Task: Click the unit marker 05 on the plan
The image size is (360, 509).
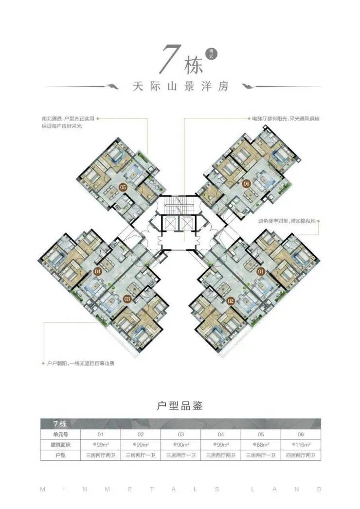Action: point(123,187)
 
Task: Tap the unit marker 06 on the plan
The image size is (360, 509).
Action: point(247,184)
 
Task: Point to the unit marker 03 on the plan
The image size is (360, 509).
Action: point(127,298)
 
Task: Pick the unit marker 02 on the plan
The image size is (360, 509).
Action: point(231,301)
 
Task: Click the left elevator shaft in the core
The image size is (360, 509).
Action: point(171,224)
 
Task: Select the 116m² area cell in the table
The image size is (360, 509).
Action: point(301,444)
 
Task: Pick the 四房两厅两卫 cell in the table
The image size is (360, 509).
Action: point(301,456)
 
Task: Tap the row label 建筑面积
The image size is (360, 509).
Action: point(61,444)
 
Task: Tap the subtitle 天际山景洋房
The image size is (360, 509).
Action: point(180,88)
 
